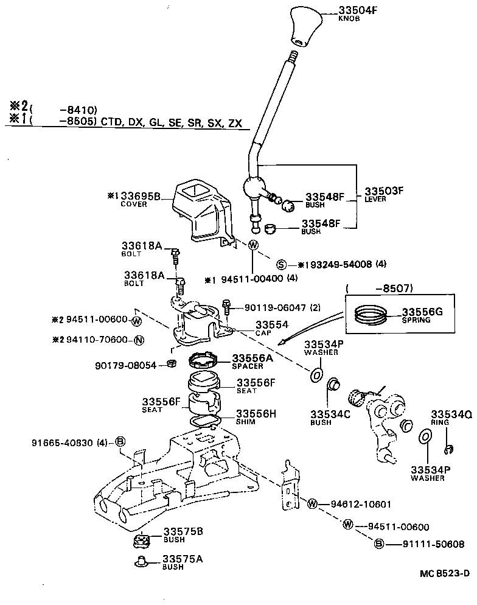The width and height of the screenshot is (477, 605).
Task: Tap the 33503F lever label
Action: [x=384, y=191]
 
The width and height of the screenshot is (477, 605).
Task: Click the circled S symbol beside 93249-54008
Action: [x=281, y=265]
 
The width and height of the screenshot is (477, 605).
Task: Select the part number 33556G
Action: [x=422, y=312]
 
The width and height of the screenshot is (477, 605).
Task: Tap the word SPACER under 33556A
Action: [x=246, y=366]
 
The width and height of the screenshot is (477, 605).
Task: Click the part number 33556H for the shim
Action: [x=256, y=413]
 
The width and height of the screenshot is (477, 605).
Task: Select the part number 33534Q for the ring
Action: [x=452, y=413]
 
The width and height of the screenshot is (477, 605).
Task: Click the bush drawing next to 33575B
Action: [x=141, y=540]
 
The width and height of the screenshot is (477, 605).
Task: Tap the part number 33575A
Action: [x=183, y=559]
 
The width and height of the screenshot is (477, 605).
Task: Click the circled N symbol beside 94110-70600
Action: [x=139, y=339]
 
